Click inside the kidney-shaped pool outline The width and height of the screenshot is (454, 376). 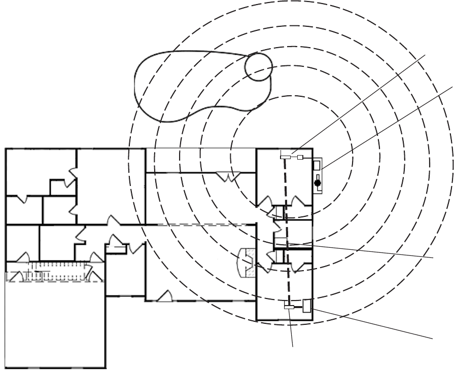(188, 84)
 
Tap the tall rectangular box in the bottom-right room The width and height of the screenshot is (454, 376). (306, 305)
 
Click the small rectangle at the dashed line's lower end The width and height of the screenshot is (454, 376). (289, 307)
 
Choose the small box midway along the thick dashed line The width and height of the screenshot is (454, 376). (281, 241)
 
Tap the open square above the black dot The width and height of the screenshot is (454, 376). (317, 165)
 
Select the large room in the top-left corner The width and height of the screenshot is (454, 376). (41, 172)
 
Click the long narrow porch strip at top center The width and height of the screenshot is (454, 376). (200, 160)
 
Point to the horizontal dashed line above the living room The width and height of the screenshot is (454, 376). (203, 224)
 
